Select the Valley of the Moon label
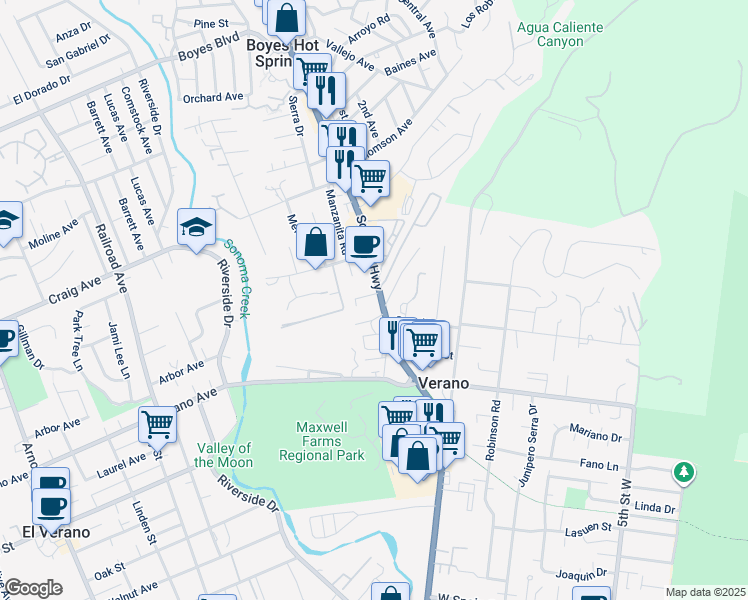pos(223,455)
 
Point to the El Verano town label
pos(56,532)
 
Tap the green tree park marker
pos(684,470)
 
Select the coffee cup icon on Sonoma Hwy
pos(364,244)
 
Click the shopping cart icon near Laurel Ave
pos(157,424)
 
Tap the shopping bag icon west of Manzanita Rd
pos(315,243)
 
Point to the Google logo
pos(33,588)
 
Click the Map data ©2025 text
pos(705,592)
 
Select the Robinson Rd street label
pos(493,432)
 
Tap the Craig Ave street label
pos(75,293)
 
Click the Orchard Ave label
pos(213,97)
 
